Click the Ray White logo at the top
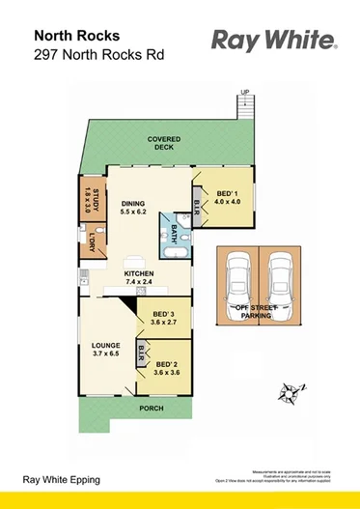click(x=274, y=41)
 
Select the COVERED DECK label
click(x=164, y=143)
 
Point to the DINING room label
click(x=132, y=206)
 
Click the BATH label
click(x=176, y=234)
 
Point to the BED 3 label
click(x=165, y=319)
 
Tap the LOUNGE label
click(x=105, y=350)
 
